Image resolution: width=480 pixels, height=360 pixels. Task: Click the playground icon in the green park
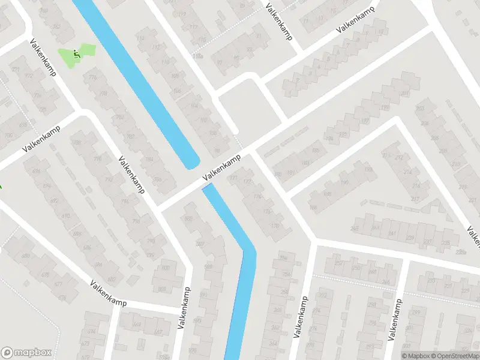coord(76,54)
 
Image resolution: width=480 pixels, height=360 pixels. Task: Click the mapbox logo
coord(26,353)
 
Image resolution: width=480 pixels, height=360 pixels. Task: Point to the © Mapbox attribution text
coord(415,356)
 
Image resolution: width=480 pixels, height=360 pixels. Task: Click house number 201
coord(406,94)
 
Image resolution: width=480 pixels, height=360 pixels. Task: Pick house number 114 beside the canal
coord(140,38)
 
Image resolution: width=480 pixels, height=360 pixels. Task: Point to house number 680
coord(25,257)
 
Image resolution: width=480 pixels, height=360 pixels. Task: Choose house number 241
coord(392,234)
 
